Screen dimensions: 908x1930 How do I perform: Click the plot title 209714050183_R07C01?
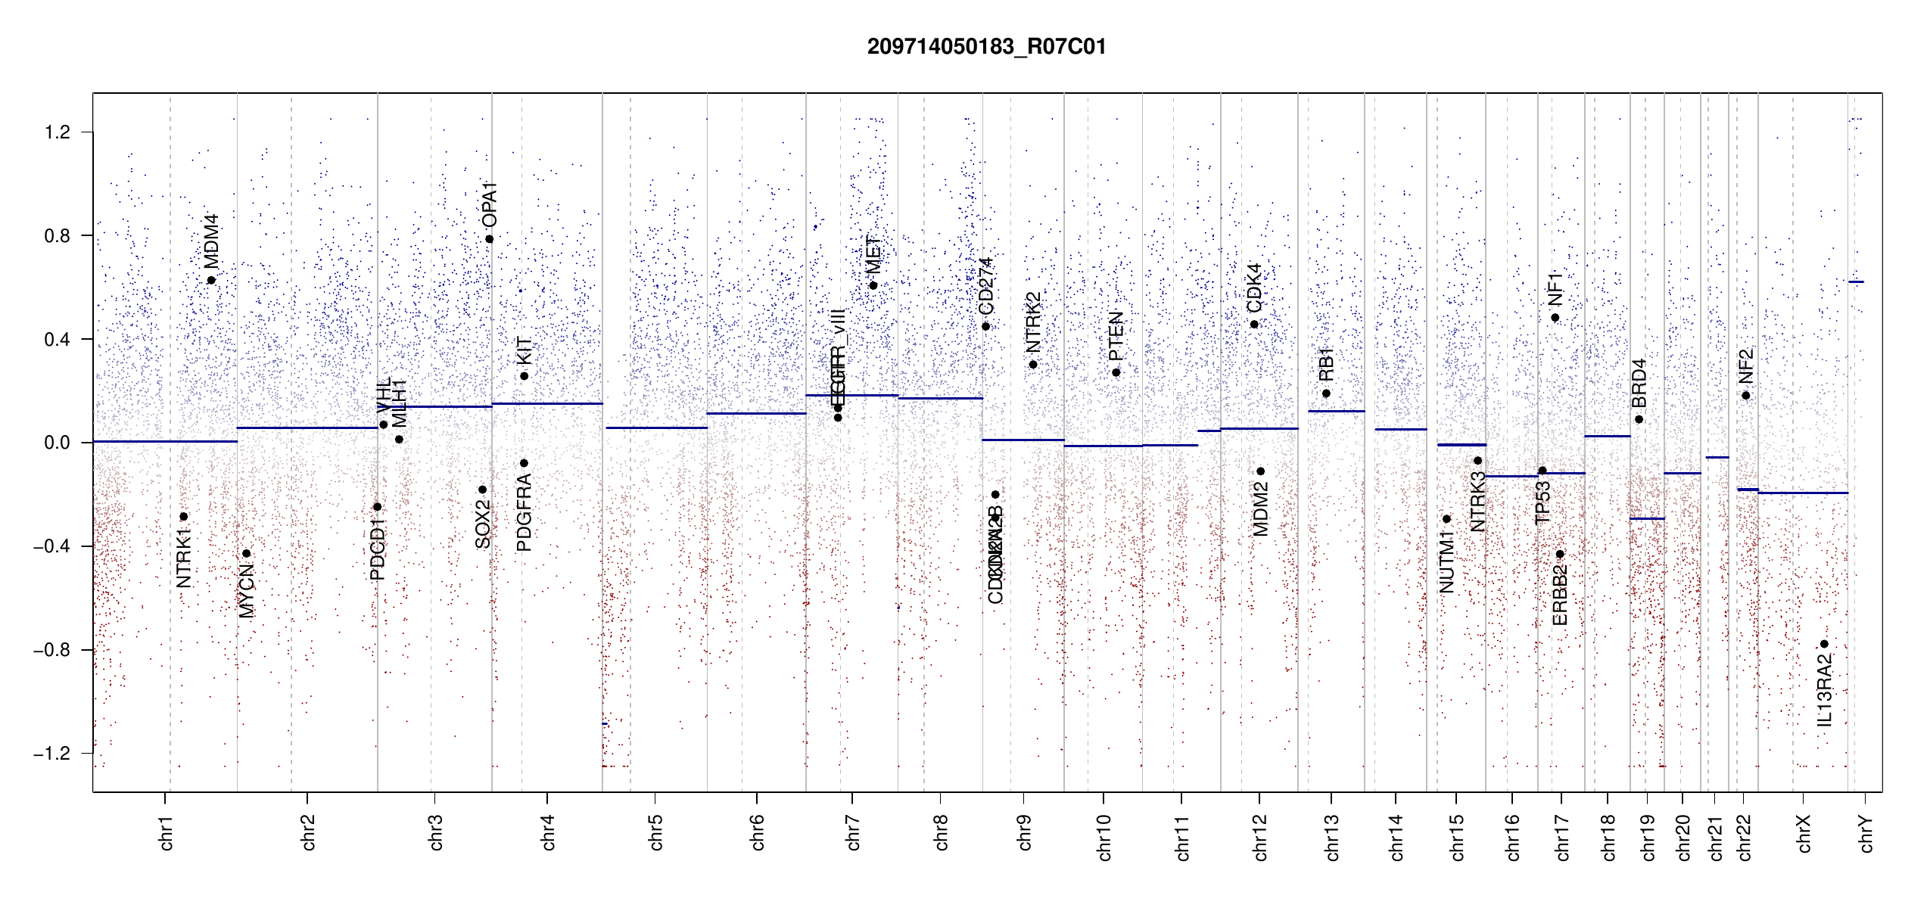click(986, 47)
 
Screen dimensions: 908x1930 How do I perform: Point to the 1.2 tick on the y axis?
click(57, 132)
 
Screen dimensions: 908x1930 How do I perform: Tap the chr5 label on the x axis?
click(655, 832)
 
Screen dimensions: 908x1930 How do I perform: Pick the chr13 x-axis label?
click(1332, 837)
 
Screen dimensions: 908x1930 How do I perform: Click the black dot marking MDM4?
click(211, 280)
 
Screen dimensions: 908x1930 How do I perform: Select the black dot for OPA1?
click(490, 239)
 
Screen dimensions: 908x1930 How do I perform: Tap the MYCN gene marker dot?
click(246, 553)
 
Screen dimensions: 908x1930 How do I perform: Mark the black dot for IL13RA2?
click(1824, 644)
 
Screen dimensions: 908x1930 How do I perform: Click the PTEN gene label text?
click(1116, 336)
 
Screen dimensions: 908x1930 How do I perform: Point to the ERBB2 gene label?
click(1560, 595)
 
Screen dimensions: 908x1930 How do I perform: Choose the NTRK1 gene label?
click(184, 558)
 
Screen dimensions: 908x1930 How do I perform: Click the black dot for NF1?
click(1555, 318)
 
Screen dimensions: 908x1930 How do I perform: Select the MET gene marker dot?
click(873, 285)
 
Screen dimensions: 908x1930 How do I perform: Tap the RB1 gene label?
click(1326, 365)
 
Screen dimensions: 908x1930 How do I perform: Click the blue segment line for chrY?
click(1856, 281)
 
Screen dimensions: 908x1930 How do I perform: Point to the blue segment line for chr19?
click(1647, 518)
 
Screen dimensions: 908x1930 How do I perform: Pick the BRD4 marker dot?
click(1639, 419)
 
